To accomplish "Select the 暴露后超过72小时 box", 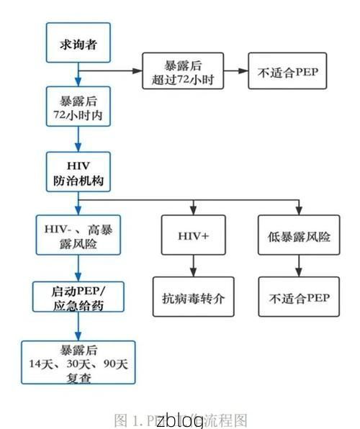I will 183,71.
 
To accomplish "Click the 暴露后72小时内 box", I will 78,107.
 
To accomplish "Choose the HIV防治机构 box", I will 78,172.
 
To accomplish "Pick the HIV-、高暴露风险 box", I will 78,235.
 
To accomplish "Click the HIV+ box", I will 192,235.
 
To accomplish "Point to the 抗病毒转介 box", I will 192,297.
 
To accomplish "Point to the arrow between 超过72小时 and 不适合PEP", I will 235,71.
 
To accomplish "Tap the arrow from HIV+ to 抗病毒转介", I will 192,266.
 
